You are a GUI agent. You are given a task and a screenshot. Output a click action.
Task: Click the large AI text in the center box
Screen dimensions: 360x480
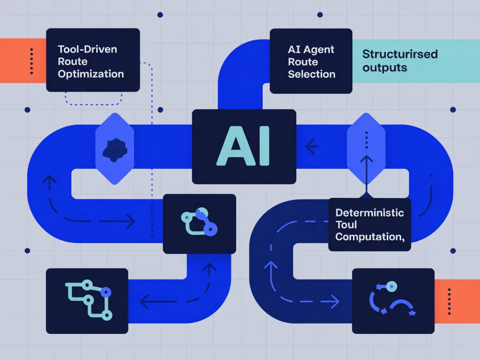coord(243,146)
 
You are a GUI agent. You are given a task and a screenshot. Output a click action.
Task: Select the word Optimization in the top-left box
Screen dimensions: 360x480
coord(90,74)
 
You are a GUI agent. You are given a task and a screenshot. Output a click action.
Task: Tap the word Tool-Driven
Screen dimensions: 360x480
coord(87,49)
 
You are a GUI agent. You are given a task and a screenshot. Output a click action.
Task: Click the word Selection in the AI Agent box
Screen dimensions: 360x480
coord(311,74)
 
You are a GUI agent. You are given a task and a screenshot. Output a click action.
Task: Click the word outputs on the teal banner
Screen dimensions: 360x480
coord(384,67)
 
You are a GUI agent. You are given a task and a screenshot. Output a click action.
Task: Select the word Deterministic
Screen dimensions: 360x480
coord(369,212)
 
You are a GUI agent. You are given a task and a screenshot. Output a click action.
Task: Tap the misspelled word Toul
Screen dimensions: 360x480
coord(346,225)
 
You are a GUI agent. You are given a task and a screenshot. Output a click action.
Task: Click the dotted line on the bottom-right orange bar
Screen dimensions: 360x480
coord(449,300)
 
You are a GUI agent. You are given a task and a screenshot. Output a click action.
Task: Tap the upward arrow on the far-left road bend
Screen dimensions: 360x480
coord(48,184)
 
